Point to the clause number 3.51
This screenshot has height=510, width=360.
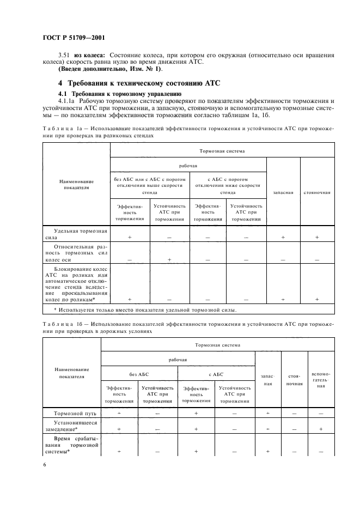click(64, 55)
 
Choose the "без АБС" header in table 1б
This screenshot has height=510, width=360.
click(139, 374)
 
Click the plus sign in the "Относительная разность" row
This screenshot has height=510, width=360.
click(169, 260)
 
